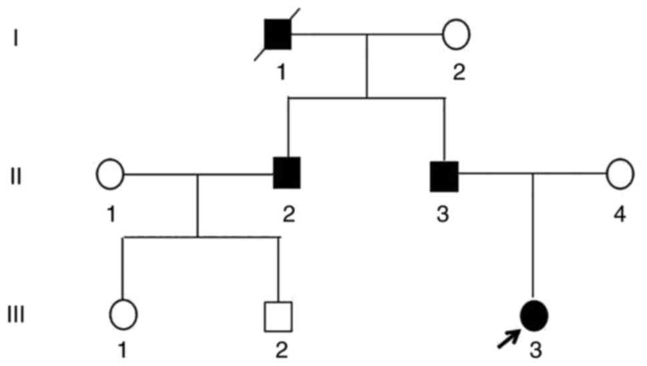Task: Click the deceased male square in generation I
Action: point(278,34)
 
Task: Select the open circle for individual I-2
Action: point(457,33)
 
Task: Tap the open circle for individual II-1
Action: point(111,175)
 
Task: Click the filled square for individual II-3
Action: point(444,174)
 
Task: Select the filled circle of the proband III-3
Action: point(534,314)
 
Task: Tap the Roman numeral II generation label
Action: point(16,178)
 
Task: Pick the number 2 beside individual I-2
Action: point(458,71)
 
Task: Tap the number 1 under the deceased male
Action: point(281,71)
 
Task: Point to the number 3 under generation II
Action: point(443,214)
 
